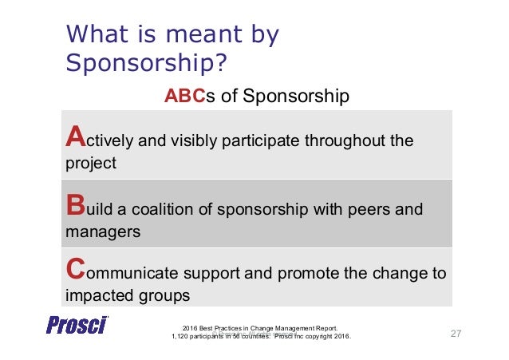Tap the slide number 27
point(457,333)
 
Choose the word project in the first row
point(89,164)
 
